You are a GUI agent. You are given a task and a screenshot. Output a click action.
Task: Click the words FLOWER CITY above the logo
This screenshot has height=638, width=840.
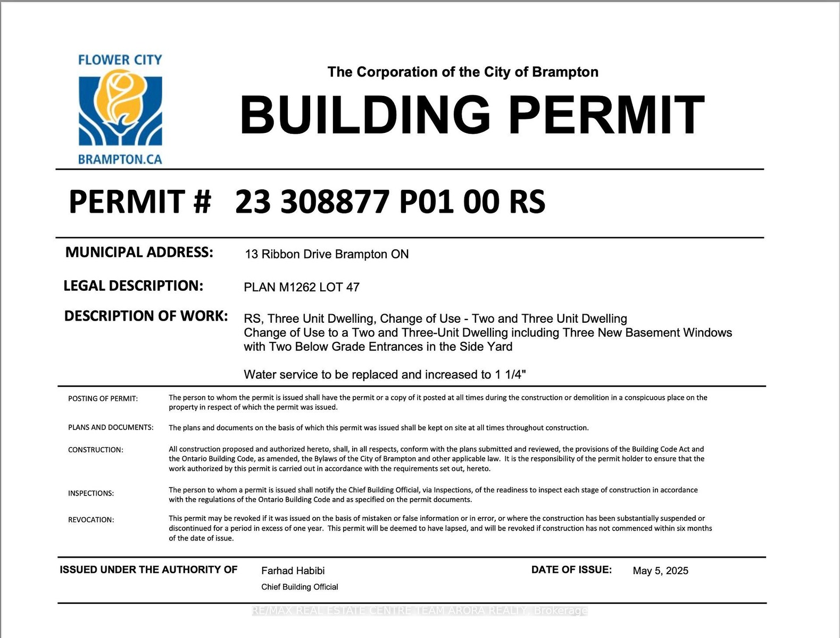point(120,60)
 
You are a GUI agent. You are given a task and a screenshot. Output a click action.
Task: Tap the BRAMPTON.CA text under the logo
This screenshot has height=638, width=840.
point(120,159)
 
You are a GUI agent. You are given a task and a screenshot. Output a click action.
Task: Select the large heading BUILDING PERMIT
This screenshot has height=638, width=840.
point(472,115)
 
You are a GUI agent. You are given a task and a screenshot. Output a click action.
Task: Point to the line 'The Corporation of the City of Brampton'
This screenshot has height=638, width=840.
point(463,72)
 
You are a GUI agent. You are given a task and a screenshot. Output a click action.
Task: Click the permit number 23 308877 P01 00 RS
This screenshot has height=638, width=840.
point(390,202)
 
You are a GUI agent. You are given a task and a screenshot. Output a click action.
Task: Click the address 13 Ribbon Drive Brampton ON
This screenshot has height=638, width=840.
point(327,254)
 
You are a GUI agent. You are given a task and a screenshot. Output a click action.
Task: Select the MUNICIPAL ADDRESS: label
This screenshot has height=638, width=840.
point(139,252)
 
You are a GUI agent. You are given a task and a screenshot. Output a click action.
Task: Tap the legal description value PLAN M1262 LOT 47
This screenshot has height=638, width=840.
point(302,287)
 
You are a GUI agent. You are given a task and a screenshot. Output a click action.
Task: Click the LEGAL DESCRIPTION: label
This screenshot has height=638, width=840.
point(134,286)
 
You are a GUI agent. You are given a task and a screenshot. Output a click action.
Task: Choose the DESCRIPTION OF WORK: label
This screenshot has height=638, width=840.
point(146,316)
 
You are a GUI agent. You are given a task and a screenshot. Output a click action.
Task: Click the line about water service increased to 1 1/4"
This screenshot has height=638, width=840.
point(385,374)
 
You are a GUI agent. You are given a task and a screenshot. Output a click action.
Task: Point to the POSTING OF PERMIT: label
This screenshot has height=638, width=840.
point(103,399)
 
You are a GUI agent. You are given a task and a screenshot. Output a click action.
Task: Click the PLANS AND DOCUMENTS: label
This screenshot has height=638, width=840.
point(111,427)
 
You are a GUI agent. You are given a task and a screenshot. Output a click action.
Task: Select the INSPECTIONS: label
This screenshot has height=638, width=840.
point(91,493)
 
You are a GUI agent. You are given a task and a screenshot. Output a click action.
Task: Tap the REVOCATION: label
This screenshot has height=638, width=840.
point(91,520)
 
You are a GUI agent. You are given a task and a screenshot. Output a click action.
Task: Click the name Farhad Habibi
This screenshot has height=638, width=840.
point(293,570)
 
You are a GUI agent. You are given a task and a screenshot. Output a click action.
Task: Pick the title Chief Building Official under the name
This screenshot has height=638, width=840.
point(300,587)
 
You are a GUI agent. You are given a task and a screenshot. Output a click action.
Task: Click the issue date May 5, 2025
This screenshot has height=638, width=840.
point(660,570)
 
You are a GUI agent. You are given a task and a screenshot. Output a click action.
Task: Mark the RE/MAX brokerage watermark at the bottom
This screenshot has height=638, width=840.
point(420,611)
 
